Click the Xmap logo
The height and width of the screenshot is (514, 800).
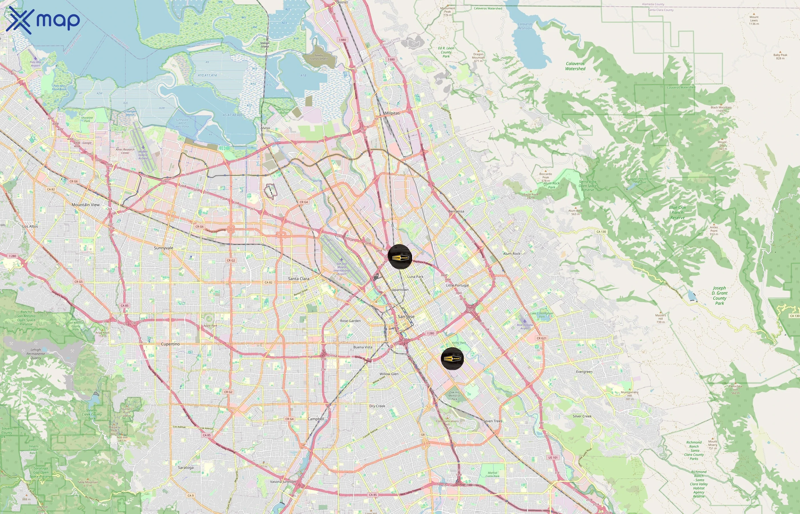tap(43, 20)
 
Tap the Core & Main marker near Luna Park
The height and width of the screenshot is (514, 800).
tap(400, 257)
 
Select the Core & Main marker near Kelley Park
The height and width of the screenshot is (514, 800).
tap(452, 358)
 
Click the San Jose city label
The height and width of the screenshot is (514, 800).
tap(406, 316)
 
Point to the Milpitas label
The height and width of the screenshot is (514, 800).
tap(392, 113)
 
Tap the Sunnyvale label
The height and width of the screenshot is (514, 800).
tap(164, 248)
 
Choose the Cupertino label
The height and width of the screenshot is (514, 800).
tap(170, 344)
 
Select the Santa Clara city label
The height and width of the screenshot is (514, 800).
tap(299, 279)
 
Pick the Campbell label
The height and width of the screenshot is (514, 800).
tap(315, 419)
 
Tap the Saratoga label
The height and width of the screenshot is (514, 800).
tap(186, 468)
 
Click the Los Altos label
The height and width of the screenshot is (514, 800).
tap(30, 226)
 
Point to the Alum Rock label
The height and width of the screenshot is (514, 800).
tap(511, 254)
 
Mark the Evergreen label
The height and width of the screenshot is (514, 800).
tap(584, 372)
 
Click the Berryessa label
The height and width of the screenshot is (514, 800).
tap(456, 211)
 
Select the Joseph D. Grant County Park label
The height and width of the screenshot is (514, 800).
tap(719, 295)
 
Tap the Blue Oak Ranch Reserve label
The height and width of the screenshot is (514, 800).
tap(677, 213)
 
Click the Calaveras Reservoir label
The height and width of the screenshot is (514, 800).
tap(525, 26)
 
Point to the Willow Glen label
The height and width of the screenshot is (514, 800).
tap(389, 374)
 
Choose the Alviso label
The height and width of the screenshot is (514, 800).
tap(265, 128)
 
